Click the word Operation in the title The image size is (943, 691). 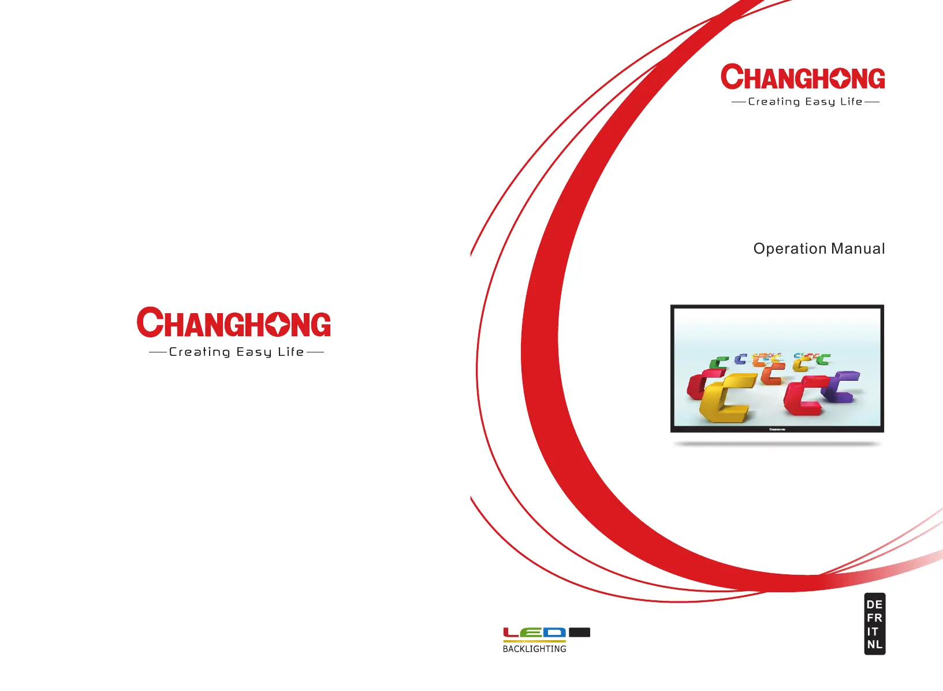[790, 249]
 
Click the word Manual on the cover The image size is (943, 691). [858, 248]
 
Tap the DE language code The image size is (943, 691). [874, 605]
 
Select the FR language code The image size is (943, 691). [874, 618]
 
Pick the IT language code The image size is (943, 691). [873, 631]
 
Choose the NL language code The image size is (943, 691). [874, 645]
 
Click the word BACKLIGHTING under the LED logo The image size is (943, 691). [534, 649]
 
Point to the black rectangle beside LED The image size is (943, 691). [580, 632]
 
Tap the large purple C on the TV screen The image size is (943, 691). [840, 387]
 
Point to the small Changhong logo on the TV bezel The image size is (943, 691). [777, 429]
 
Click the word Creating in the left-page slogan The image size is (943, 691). [200, 352]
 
